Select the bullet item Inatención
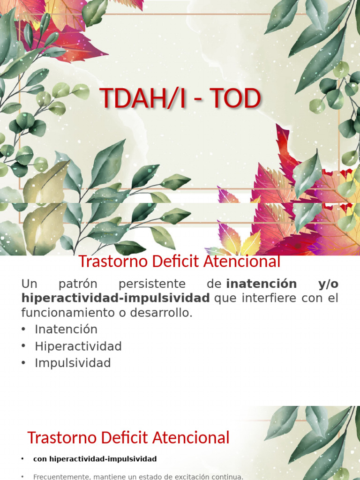click(66, 329)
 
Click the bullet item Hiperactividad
click(78, 346)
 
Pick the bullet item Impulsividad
click(73, 363)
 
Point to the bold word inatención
click(262, 284)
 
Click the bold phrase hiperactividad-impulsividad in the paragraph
click(116, 298)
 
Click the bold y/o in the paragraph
click(328, 284)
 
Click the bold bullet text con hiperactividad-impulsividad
click(95, 459)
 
